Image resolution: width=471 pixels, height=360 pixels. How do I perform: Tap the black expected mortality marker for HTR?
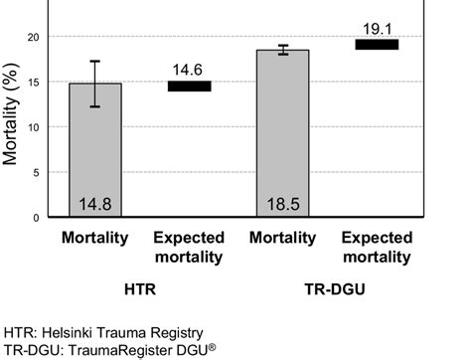point(189,86)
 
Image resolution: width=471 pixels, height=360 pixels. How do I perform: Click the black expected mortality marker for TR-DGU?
point(377,45)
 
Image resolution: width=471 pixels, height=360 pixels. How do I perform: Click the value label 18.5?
point(282,205)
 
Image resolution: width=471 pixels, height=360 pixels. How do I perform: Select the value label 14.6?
point(189,69)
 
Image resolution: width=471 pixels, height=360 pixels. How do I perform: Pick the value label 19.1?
point(377,27)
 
